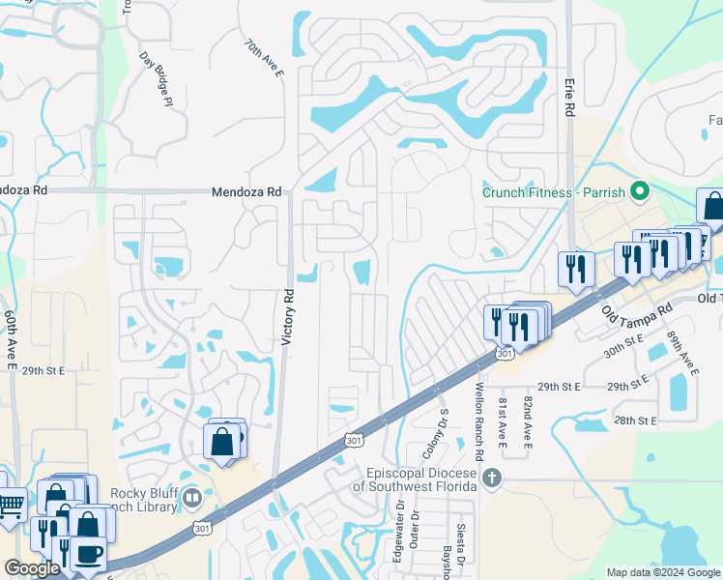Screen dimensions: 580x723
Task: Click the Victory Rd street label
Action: click(286, 316)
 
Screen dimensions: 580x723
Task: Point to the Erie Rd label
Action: click(568, 98)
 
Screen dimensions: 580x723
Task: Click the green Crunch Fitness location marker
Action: click(637, 191)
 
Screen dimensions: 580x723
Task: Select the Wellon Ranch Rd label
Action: click(478, 419)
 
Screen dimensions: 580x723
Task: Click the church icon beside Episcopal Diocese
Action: click(492, 478)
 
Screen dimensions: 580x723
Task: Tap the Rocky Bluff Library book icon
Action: click(192, 499)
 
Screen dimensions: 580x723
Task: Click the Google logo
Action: click(33, 568)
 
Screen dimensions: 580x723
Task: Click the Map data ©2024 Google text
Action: click(662, 571)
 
